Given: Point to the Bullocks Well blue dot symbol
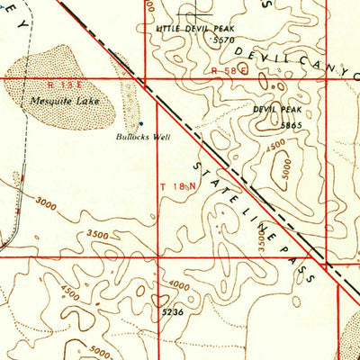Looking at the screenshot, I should pyautogui.click(x=140, y=124).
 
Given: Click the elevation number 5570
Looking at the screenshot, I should pyautogui.click(x=223, y=40).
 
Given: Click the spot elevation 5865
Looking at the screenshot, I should pyautogui.click(x=291, y=125).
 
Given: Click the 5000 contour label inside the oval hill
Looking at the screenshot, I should pyautogui.click(x=286, y=174).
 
